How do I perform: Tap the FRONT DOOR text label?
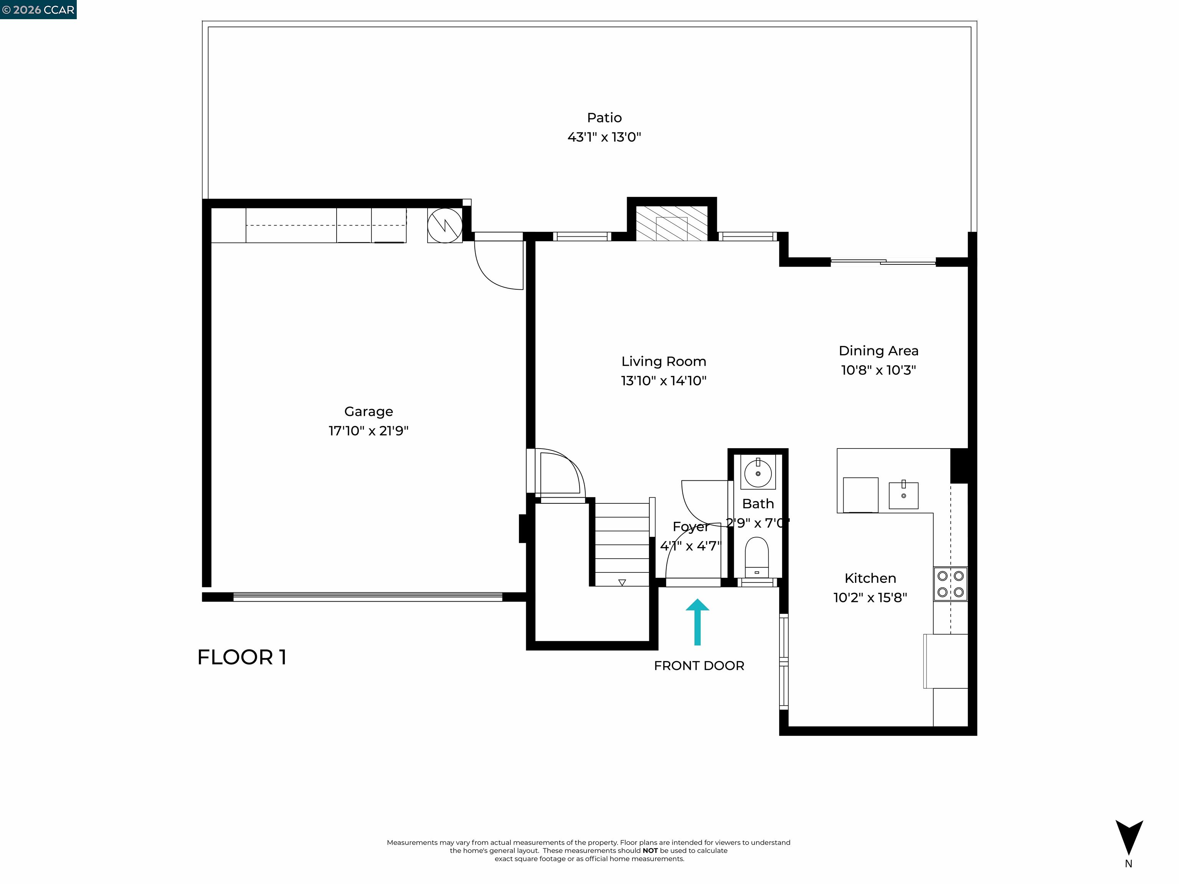[x=699, y=666]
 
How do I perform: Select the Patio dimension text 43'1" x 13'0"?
[x=604, y=137]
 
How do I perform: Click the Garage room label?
[x=368, y=411]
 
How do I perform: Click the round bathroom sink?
[x=758, y=473]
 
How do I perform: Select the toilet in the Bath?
[x=757, y=557]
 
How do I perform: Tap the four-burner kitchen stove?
[x=950, y=584]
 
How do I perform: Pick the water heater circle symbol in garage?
[x=444, y=225]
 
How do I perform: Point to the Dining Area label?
[x=878, y=351]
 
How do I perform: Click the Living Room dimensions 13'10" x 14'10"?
[x=664, y=381]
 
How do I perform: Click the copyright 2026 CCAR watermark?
[x=38, y=10]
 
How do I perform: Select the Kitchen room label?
[x=870, y=578]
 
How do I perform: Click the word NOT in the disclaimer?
[x=650, y=851]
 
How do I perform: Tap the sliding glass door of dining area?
[x=883, y=262]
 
